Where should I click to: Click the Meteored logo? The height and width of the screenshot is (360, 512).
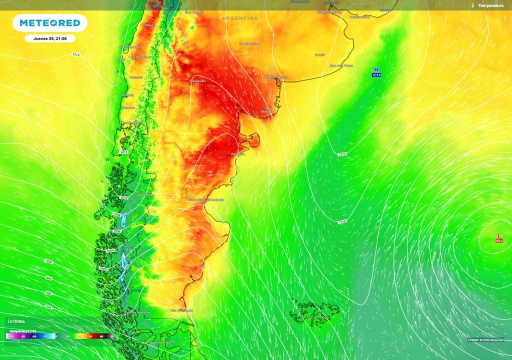coord(49,23)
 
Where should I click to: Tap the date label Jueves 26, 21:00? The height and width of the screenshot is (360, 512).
coord(50,38)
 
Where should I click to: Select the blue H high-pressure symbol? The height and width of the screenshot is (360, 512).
coord(376,69)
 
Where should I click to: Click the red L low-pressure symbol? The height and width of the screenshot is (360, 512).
coord(498,235)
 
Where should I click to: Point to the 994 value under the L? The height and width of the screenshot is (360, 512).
coord(499,241)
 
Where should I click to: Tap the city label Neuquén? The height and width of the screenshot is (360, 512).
coord(198,80)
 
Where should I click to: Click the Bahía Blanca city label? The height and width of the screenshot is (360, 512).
coord(276,77)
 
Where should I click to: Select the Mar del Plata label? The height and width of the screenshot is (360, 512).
coord(341,65)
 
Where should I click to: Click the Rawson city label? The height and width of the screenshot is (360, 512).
coord(237,154)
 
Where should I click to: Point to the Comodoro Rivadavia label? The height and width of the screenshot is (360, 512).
coord(205,199)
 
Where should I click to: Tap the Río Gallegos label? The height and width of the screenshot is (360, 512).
coord(182,310)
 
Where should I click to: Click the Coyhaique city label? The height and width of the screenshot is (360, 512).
coord(143,194)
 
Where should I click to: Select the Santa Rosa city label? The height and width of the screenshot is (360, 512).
coord(249,43)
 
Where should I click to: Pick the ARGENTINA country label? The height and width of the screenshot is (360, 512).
coord(240,18)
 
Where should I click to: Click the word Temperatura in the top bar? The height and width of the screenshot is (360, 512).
coord(490,5)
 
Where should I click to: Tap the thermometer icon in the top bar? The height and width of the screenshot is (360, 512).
coord(472,5)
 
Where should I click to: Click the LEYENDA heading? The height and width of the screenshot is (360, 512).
coord(16,321)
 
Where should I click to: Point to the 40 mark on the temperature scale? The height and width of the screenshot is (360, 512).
coord(101,336)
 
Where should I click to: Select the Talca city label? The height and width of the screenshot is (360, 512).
coord(148,24)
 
